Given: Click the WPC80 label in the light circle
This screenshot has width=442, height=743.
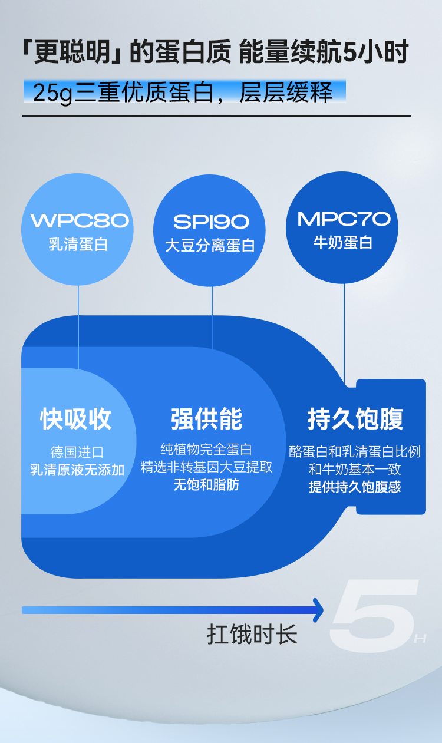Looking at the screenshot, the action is [80, 221].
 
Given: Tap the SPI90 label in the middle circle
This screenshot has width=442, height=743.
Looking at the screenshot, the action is [211, 222].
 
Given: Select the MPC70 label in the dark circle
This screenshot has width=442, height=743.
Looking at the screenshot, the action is [344, 219].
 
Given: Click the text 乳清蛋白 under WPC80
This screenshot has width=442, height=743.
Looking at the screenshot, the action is [78, 245].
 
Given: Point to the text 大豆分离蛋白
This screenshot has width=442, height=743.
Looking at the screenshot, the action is [210, 245].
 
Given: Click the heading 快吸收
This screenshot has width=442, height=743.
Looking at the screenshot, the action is [76, 419].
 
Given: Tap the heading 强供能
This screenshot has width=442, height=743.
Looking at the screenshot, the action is [206, 419].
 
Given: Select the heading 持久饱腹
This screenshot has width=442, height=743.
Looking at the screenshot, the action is [355, 419].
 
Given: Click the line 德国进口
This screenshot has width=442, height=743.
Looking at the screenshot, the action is [77, 453].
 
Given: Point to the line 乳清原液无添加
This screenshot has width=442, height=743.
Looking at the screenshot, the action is [77, 470].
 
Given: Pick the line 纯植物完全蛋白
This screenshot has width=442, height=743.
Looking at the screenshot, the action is [206, 450].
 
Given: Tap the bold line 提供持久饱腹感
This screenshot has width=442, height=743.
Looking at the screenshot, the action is [355, 487].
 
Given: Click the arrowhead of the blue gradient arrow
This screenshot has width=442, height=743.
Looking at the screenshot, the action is [318, 610].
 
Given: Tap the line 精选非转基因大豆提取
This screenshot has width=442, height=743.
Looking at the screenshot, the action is [206, 467].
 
